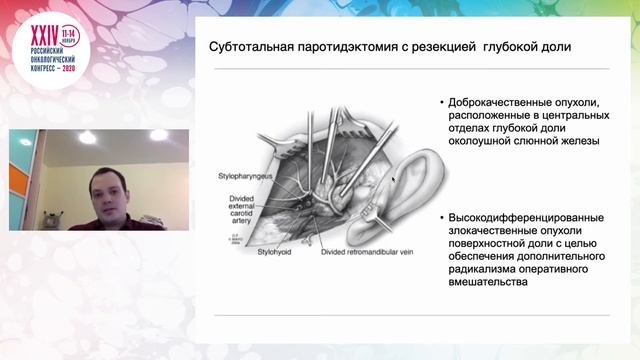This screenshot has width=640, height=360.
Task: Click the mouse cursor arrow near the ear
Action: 394,181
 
